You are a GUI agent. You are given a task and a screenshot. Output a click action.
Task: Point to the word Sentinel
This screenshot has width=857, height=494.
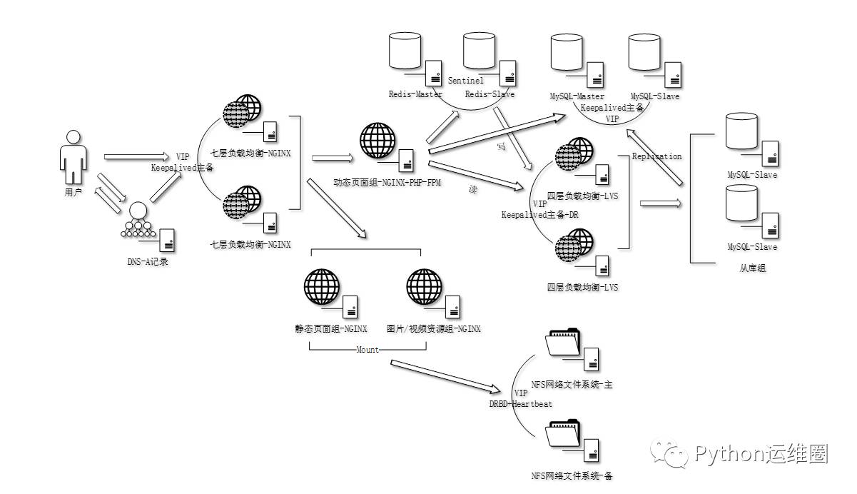466,81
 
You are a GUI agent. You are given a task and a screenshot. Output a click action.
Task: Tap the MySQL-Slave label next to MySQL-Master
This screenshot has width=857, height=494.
655,96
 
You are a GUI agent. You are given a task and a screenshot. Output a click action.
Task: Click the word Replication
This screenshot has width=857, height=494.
656,156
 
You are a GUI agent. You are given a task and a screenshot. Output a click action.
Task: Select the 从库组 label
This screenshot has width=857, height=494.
753,268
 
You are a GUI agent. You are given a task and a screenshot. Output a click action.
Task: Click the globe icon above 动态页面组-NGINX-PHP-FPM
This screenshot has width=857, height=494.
376,141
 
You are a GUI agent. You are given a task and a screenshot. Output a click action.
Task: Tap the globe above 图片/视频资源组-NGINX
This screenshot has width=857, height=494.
424,287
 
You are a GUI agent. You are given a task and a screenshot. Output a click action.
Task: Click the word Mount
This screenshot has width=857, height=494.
367,350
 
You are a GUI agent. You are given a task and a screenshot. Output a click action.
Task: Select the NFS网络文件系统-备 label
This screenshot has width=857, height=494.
572,475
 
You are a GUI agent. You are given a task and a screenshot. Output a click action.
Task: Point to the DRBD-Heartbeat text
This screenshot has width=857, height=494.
520,404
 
